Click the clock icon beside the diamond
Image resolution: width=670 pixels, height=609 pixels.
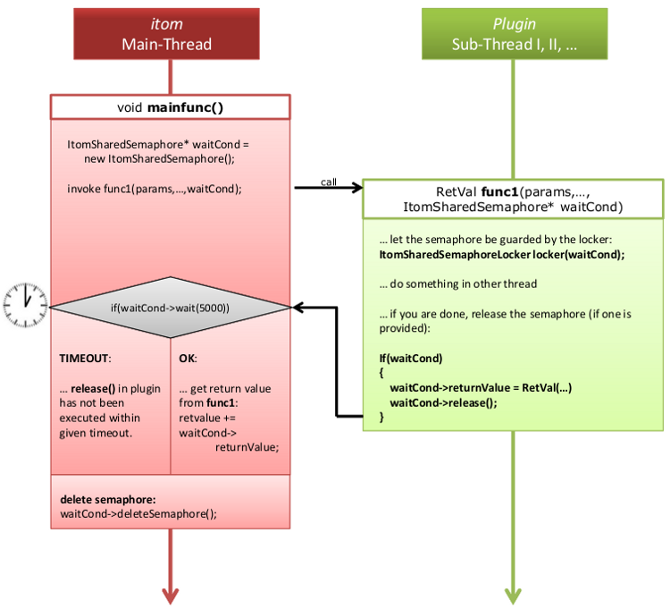point(25,307)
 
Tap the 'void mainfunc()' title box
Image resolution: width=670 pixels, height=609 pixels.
point(170,107)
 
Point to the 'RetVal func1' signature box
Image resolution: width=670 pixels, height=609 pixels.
point(513,199)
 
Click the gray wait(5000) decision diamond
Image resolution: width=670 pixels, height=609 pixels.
point(170,308)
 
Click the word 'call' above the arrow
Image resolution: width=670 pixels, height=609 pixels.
point(329,182)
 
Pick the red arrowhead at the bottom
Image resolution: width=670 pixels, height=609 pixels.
point(170,596)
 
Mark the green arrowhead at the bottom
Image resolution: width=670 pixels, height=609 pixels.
point(513,596)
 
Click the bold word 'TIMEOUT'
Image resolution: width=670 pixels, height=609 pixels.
point(85,358)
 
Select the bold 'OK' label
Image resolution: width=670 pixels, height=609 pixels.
point(188,358)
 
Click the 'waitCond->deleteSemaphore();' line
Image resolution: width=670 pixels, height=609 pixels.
point(138,513)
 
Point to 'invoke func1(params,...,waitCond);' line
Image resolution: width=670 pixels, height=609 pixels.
point(155,189)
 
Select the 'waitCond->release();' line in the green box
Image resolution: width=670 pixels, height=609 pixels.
point(443,402)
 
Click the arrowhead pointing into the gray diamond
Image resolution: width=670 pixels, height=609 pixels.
point(300,308)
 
